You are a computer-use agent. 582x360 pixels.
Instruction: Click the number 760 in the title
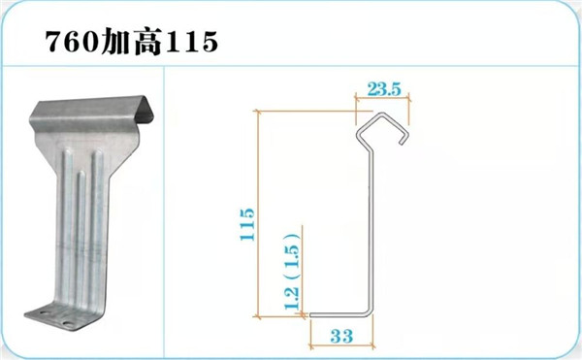tap(73, 41)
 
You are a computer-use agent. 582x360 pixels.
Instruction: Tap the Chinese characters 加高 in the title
tap(132, 42)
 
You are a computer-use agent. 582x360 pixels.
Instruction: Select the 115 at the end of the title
tap(191, 41)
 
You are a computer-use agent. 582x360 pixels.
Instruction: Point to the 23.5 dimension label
tap(384, 89)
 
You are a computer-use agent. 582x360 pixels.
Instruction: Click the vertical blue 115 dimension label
tap(247, 224)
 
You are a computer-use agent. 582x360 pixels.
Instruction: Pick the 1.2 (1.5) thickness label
tap(291, 272)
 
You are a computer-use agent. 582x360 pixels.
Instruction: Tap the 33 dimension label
tap(341, 337)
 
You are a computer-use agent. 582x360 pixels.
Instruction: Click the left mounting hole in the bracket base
tap(45, 312)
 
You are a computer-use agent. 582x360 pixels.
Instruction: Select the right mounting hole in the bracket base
tap(69, 323)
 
